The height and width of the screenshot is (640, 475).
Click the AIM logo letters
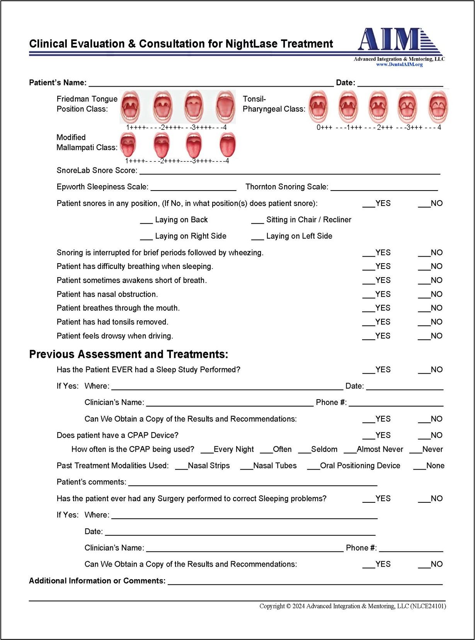[x=388, y=39]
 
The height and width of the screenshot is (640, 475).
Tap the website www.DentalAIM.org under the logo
[x=399, y=65]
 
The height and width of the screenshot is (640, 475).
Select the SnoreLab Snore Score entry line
[x=289, y=172]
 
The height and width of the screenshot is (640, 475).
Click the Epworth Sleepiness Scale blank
[x=193, y=188]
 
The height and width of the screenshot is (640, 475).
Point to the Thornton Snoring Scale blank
[x=384, y=188]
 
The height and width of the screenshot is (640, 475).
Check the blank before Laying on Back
[x=146, y=221]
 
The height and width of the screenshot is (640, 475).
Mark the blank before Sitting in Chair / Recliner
[x=257, y=221]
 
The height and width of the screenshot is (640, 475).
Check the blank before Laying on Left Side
[x=257, y=237]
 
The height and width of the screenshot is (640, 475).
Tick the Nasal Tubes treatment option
[x=247, y=467]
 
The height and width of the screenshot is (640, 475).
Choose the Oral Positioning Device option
[x=313, y=467]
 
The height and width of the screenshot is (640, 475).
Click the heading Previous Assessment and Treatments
[x=129, y=354]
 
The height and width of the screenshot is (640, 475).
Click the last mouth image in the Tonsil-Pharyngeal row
[x=438, y=106]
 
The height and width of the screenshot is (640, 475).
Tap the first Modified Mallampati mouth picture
[x=128, y=145]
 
